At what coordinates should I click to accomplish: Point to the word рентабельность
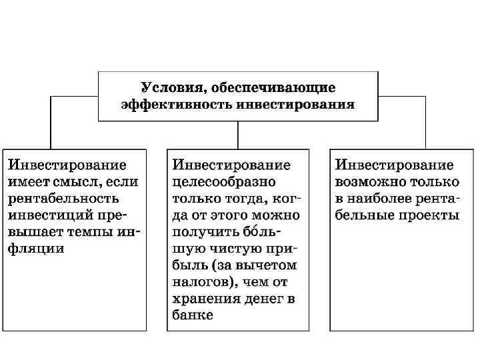pos(64,198)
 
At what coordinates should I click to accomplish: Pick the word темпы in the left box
pos(93,231)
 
